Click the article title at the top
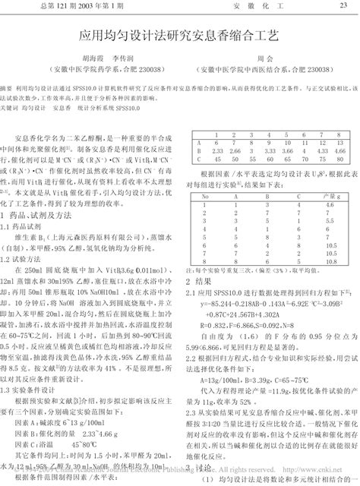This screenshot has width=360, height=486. pos(179,36)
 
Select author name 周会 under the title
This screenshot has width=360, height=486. pos(264,57)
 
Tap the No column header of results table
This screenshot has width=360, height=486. pos(204,195)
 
